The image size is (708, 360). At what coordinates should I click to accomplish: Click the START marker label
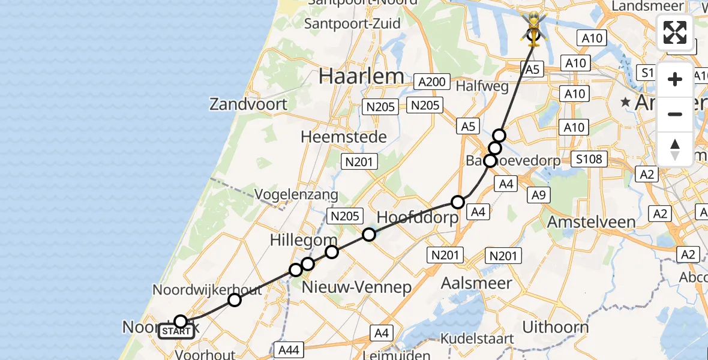176,331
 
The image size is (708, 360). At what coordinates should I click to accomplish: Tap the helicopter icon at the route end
532,28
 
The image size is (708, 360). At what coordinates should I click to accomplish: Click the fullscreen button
674,32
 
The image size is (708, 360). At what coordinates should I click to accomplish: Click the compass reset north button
674,149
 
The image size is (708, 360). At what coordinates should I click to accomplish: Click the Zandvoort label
248,104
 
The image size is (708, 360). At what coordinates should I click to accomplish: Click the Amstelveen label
591,222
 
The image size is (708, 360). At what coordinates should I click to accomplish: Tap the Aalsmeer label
476,283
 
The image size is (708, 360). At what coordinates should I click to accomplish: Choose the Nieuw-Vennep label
356,287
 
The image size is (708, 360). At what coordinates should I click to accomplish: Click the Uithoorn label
555,327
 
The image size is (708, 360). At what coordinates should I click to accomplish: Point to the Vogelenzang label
296,195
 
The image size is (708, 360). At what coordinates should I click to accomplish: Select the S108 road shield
590,160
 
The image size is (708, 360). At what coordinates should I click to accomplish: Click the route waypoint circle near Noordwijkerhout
235,300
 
